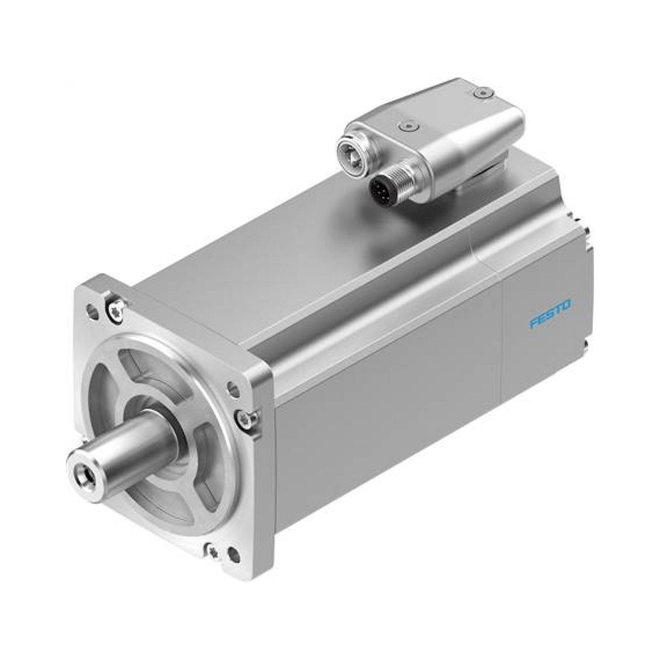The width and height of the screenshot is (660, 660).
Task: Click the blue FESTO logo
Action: point(550,313)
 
